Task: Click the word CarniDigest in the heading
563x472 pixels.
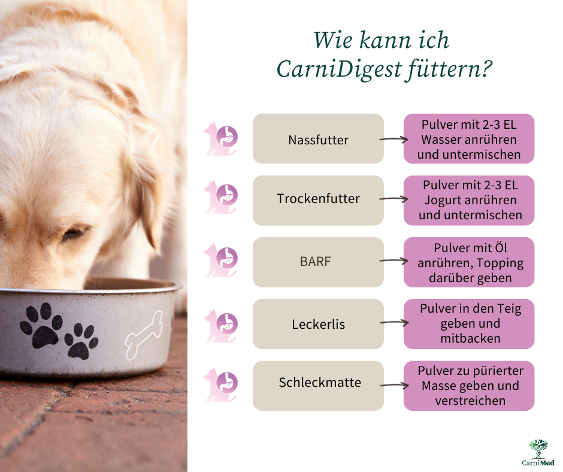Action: coord(338,69)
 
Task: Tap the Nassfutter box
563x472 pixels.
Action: coord(318,138)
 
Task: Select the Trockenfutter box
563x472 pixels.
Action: coord(318,201)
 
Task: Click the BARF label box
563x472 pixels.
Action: coord(318,262)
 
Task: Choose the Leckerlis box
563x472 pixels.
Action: coord(318,324)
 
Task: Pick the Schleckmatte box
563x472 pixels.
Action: coord(318,386)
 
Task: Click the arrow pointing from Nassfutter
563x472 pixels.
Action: coord(394,139)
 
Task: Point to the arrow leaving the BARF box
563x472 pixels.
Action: coord(394,261)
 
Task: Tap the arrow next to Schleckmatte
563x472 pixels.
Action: coord(394,385)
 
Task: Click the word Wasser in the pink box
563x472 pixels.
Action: coord(443,140)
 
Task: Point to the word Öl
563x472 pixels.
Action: coord(501,248)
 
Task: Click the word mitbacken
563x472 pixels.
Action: coord(470,338)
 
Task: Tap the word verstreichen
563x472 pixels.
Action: coord(470,401)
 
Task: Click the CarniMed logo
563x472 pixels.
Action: coord(538,452)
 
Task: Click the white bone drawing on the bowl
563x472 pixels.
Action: coord(144,335)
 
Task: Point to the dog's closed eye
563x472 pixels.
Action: coord(75,234)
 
